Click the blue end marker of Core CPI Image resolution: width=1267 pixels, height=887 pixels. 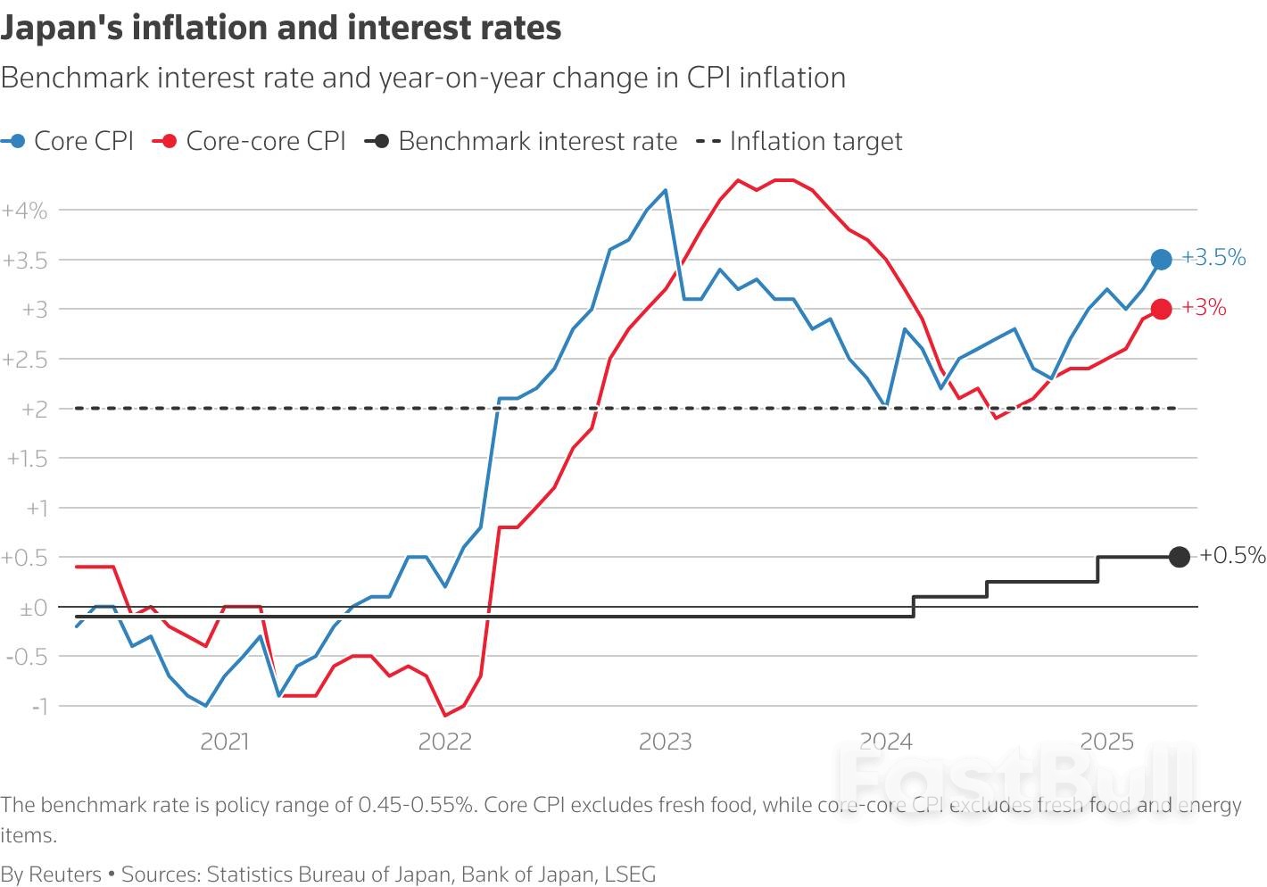click(1161, 260)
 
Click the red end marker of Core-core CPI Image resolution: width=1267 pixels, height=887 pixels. click(1161, 310)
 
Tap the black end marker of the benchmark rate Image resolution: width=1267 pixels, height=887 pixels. click(1179, 557)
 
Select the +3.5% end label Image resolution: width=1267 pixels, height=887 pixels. click(1213, 258)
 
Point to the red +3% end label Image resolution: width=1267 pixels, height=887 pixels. click(1204, 308)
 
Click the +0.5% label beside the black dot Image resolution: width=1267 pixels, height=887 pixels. click(1232, 555)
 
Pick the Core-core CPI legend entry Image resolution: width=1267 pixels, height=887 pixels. click(250, 141)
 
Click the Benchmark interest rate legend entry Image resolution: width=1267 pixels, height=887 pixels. click(522, 141)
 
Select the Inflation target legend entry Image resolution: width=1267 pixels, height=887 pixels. click(799, 141)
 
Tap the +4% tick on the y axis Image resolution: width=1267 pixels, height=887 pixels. click(25, 211)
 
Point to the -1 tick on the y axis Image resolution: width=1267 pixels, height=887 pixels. click(38, 706)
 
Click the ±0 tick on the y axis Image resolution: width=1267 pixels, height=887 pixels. click(33, 608)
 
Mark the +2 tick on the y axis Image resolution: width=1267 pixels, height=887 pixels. click(34, 409)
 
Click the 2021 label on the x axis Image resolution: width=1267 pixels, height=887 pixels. click(224, 742)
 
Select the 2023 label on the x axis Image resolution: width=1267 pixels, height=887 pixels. click(665, 742)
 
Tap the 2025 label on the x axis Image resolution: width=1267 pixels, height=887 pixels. click(1106, 742)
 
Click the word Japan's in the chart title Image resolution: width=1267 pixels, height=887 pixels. click(59, 29)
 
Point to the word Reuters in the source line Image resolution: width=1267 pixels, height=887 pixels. click(65, 874)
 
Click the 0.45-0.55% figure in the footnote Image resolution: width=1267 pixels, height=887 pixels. click(416, 805)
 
